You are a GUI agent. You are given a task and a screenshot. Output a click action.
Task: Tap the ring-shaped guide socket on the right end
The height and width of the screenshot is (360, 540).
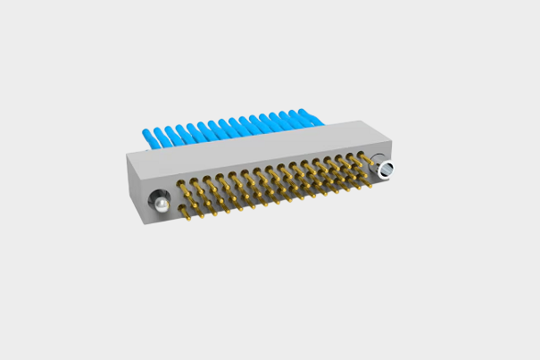coord(384,169)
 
